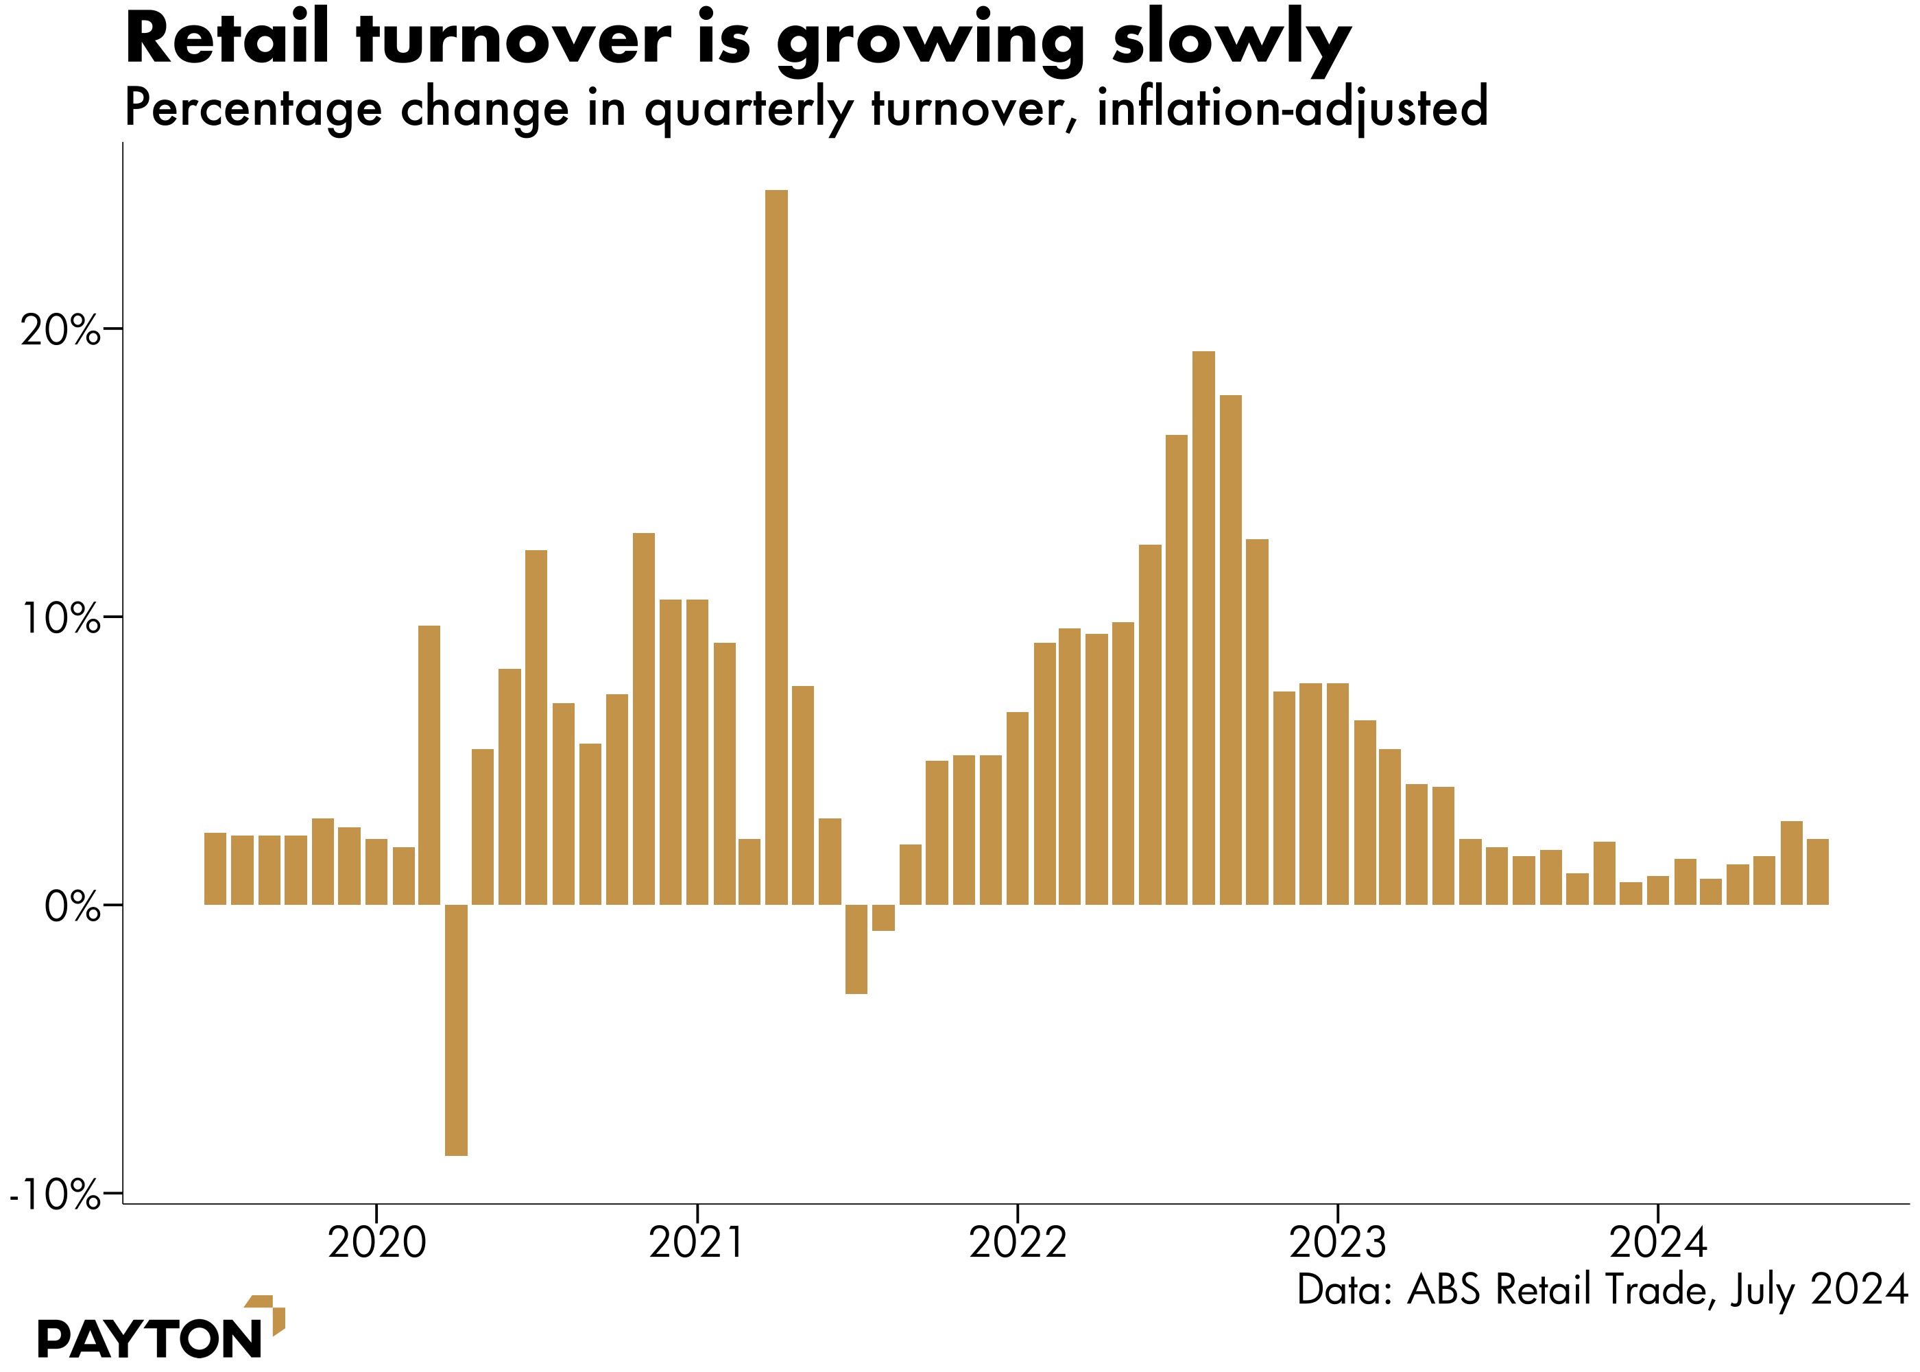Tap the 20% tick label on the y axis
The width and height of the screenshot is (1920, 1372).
click(59, 331)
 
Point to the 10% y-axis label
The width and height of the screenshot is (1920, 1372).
click(59, 620)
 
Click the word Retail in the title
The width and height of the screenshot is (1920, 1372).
click(226, 40)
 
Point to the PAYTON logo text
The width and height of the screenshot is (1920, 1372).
click(149, 1339)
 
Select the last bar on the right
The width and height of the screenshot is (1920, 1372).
click(1818, 871)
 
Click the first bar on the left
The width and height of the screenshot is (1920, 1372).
click(215, 868)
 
